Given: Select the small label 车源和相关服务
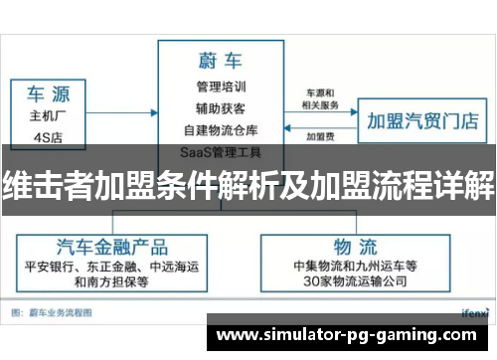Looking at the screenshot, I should (x=319, y=98).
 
